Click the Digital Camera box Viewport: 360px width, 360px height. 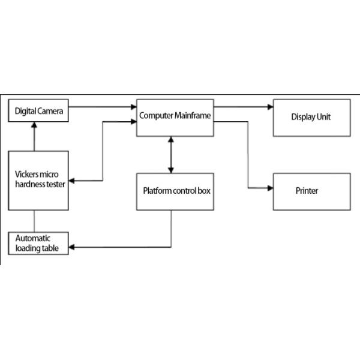click(x=37, y=111)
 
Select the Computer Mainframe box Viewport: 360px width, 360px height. click(x=175, y=117)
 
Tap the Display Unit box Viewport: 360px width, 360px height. click(x=311, y=117)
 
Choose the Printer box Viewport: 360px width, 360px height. click(x=311, y=191)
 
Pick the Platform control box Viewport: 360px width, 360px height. click(x=175, y=191)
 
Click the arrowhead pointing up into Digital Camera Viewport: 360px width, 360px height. click(x=34, y=124)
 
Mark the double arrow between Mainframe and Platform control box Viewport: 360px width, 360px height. click(x=172, y=154)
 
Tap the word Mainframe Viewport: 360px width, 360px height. click(x=191, y=114)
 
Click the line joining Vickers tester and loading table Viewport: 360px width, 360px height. click(x=34, y=220)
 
